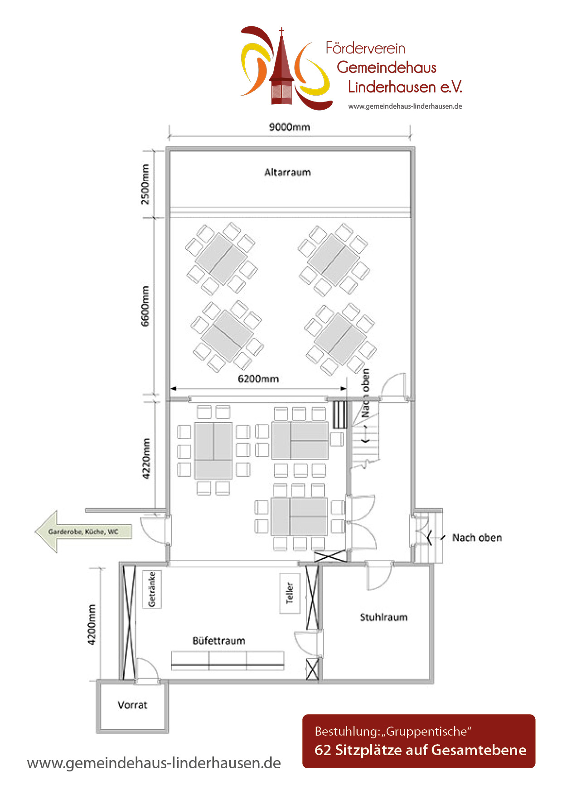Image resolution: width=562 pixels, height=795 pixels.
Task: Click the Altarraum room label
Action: [287, 172]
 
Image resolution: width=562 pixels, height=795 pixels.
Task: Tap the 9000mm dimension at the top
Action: [290, 127]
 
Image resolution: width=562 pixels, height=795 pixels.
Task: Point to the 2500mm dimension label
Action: [145, 184]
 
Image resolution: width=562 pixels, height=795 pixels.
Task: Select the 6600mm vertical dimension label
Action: [145, 305]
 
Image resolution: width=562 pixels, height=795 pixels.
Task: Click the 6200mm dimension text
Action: [258, 378]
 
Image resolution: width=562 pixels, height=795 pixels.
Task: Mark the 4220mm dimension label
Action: [146, 458]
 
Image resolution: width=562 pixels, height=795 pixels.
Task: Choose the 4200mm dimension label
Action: [92, 624]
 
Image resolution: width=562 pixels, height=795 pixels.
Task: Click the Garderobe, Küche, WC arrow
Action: [83, 532]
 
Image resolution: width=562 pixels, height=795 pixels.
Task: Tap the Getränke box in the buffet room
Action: [152, 589]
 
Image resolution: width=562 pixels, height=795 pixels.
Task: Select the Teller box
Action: [290, 593]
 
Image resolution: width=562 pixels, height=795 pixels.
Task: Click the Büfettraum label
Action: [218, 641]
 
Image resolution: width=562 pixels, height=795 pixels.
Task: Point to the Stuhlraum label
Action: [383, 617]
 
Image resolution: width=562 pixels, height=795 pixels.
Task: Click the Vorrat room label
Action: [132, 705]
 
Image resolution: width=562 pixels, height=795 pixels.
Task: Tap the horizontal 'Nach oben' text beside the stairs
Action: [477, 538]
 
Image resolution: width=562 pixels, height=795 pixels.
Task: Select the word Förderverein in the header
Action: [365, 48]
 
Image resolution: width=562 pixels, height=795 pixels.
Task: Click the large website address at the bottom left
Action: [154, 763]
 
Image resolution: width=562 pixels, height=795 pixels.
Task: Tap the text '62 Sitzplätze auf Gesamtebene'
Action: [420, 750]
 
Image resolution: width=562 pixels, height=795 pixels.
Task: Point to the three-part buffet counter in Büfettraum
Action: [228, 661]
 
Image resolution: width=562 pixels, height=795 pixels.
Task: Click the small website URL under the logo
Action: [405, 107]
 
